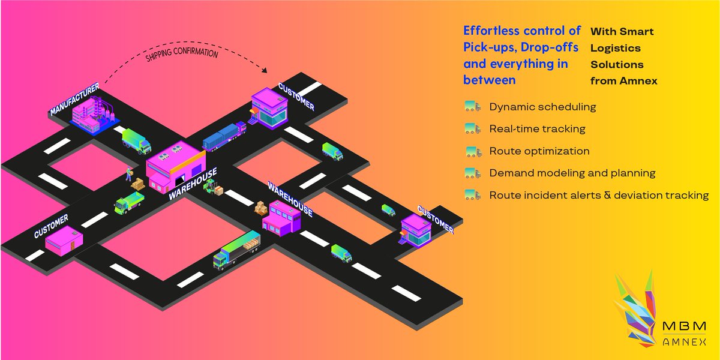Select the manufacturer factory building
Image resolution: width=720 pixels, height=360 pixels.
[92, 116]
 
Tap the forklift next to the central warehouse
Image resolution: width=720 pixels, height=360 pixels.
[210, 188]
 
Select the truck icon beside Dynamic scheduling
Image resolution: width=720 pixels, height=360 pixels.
[473, 107]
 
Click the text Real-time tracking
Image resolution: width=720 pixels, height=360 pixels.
[537, 128]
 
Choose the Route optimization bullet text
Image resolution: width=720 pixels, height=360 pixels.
[539, 151]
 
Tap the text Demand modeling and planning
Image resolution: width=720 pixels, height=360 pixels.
[572, 173]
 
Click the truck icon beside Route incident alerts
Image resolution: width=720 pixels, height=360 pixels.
[473, 195]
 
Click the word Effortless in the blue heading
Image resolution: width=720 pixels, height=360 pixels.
[493, 31]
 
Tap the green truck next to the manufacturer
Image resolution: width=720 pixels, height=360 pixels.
[137, 142]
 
